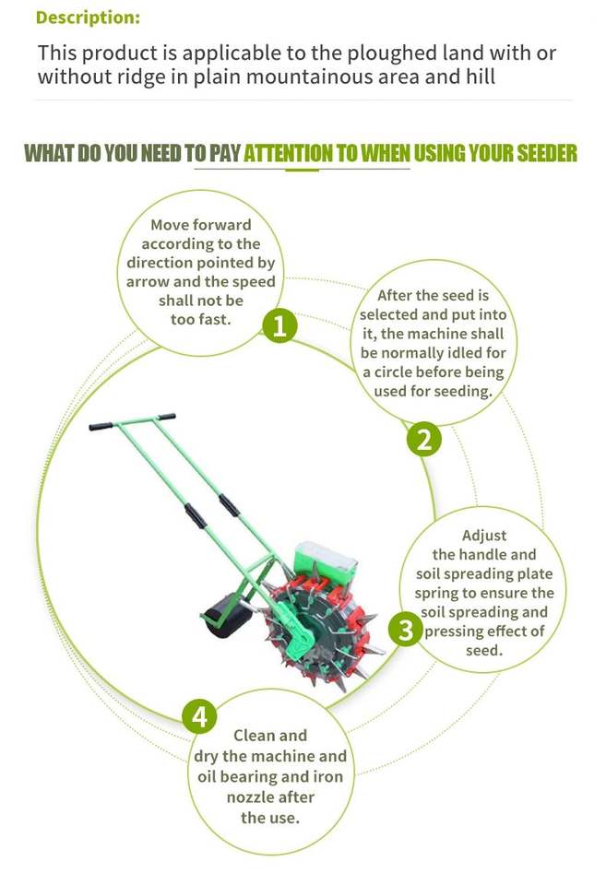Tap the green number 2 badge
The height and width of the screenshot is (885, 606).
(x=424, y=439)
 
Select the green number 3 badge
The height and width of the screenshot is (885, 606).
(x=406, y=630)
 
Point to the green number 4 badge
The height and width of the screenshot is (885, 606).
(x=199, y=716)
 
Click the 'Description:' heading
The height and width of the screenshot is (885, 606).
(x=88, y=18)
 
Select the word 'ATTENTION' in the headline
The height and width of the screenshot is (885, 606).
(x=288, y=153)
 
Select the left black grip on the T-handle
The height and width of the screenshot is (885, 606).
(x=101, y=426)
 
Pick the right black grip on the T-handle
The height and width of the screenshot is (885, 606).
(x=166, y=417)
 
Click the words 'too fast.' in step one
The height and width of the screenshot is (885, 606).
(x=201, y=320)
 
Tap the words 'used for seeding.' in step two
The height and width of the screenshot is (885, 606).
(x=434, y=391)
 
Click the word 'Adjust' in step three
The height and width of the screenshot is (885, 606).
(x=484, y=536)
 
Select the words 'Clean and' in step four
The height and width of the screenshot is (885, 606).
(x=270, y=736)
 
